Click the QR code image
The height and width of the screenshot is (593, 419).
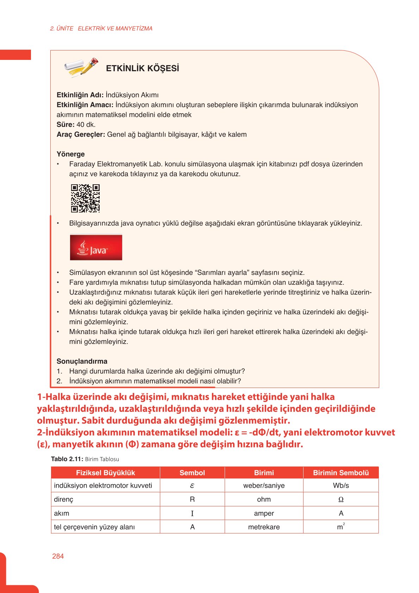pyautogui.click(x=85, y=198)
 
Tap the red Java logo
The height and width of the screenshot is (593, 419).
pyautogui.click(x=96, y=247)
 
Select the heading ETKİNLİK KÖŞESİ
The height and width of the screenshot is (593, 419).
pyautogui.click(x=142, y=68)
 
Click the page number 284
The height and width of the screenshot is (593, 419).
pyautogui.click(x=58, y=556)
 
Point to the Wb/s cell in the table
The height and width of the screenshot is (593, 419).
pyautogui.click(x=340, y=486)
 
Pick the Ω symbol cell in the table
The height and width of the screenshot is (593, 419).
pyautogui.click(x=340, y=500)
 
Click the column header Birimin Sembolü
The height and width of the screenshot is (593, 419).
pyautogui.click(x=340, y=473)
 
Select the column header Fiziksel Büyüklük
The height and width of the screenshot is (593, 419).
pyautogui.click(x=105, y=473)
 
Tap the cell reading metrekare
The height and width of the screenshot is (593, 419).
pyautogui.click(x=264, y=527)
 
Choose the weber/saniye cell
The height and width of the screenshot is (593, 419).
pyautogui.click(x=264, y=486)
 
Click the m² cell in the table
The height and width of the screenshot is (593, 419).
pyautogui.click(x=340, y=527)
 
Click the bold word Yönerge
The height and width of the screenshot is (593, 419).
pyautogui.click(x=70, y=154)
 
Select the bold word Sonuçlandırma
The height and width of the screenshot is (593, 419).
pyautogui.click(x=82, y=361)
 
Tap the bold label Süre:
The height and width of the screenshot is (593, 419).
pyautogui.click(x=65, y=124)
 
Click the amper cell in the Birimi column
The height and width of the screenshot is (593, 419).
pyautogui.click(x=264, y=513)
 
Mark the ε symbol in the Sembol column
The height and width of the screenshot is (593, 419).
pyautogui.click(x=192, y=486)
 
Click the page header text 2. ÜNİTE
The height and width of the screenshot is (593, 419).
pyautogui.click(x=62, y=29)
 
